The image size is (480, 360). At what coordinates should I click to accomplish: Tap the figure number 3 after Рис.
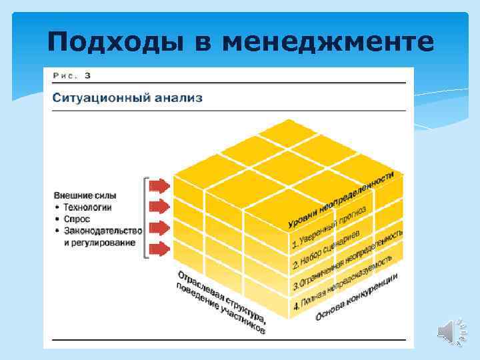(87, 75)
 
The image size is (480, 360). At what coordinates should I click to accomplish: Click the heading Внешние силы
(85, 195)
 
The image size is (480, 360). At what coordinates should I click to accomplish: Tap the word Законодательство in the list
(103, 231)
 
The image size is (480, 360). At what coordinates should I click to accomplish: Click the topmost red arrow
(159, 185)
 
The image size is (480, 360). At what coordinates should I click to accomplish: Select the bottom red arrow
(159, 250)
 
